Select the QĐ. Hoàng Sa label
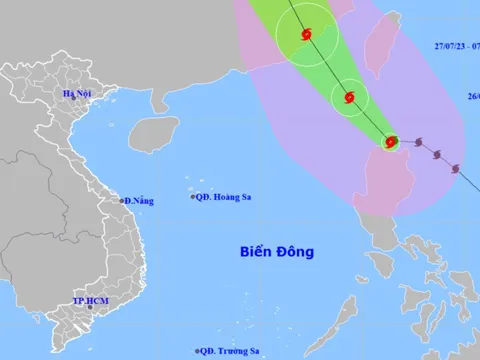tap(224, 197)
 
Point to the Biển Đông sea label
tap(277, 252)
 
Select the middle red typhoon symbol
tap(349, 98)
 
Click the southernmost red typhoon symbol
tap(391, 143)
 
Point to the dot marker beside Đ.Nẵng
tap(122, 201)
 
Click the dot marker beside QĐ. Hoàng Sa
tap(193, 197)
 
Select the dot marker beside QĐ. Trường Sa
tap(198, 350)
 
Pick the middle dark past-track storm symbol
tap(438, 154)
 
